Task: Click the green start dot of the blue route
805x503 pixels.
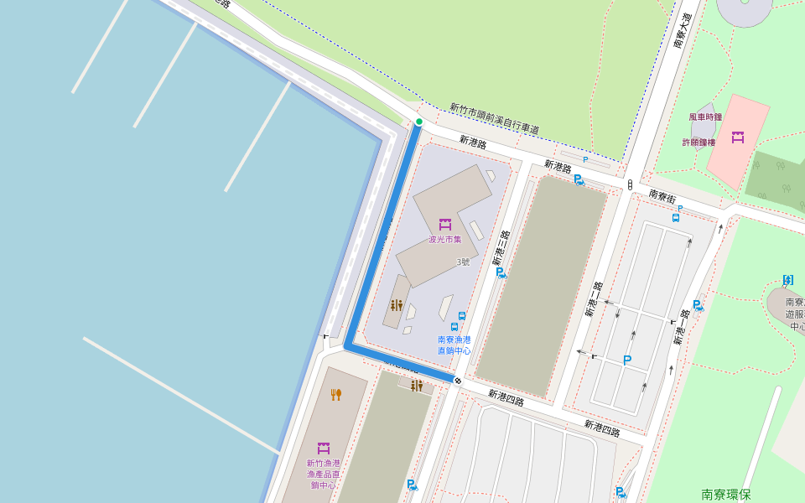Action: point(418,122)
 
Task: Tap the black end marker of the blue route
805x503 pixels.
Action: point(457,381)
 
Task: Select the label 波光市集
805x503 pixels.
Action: point(445,240)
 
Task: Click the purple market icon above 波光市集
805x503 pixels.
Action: point(445,224)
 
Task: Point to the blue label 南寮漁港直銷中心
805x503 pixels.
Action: point(454,345)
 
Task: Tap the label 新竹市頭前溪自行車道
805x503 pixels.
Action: point(494,119)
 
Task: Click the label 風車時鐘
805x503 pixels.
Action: point(705,117)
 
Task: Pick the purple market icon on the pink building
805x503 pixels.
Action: point(738,137)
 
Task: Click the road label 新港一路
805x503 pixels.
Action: point(682,328)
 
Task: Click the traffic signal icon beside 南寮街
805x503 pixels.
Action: point(630,184)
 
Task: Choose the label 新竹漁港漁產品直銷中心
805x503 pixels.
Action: point(323,474)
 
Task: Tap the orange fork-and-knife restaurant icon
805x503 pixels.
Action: point(336,394)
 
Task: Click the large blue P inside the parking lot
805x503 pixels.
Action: point(626,360)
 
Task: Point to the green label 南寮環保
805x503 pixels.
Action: point(726,495)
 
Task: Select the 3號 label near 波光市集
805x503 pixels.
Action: point(463,262)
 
